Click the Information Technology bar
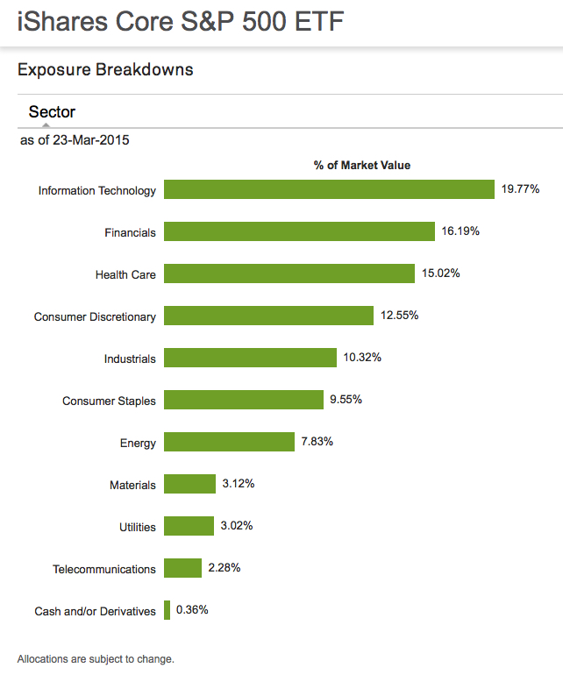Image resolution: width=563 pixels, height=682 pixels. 329,190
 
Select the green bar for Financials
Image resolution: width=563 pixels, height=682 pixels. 299,232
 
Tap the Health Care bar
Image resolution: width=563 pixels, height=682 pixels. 289,274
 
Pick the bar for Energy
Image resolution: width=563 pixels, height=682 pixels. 229,442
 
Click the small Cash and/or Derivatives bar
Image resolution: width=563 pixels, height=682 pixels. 167,610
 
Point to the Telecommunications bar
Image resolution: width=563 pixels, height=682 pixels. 182,568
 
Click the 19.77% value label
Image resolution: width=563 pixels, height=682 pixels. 520,189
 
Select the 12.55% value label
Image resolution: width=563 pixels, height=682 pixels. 399,316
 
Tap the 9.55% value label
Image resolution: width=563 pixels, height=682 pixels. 346,400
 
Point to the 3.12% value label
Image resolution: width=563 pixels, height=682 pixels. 239,484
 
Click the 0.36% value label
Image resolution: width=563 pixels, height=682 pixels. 192,610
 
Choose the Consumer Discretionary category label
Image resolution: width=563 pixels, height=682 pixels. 95,316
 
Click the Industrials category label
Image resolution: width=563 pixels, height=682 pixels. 130,359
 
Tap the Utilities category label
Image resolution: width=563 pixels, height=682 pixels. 138,527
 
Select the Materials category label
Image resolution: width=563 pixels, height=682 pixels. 132,485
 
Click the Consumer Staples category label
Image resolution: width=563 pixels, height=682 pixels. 109,401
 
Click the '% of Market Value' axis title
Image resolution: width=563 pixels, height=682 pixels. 362,165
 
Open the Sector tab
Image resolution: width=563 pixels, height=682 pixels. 52,112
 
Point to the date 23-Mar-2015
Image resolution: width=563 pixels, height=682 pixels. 91,140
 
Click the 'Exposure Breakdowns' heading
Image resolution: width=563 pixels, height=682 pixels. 105,70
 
